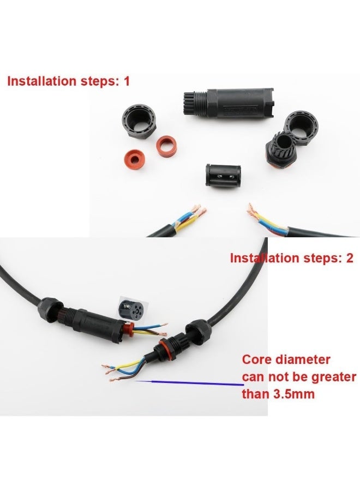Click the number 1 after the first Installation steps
128,81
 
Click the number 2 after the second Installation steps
350,258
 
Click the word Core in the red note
257,360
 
